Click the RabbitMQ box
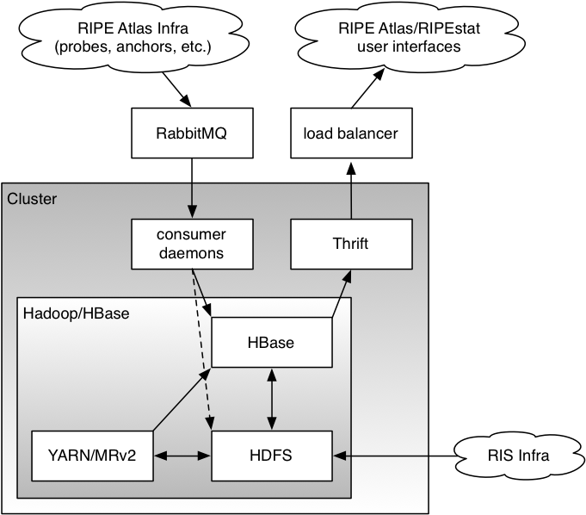pyautogui.click(x=191, y=133)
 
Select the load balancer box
pyautogui.click(x=350, y=133)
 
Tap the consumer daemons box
pyautogui.click(x=191, y=243)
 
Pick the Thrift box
pyautogui.click(x=350, y=243)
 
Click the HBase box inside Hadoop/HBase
pyautogui.click(x=271, y=342)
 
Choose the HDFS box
pyautogui.click(x=271, y=455)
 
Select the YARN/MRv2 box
pyautogui.click(x=94, y=455)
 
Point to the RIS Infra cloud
pyautogui.click(x=514, y=455)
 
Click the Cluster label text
pyautogui.click(x=32, y=199)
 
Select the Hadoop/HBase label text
pyautogui.click(x=77, y=313)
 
